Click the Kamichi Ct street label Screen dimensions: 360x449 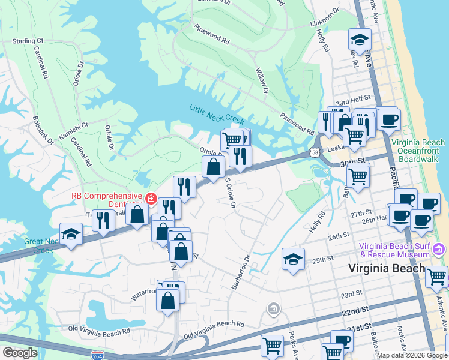(73, 124)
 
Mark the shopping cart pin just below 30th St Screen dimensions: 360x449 (358, 176)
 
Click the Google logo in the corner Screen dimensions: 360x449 (20, 352)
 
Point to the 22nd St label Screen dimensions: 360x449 (355, 311)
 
